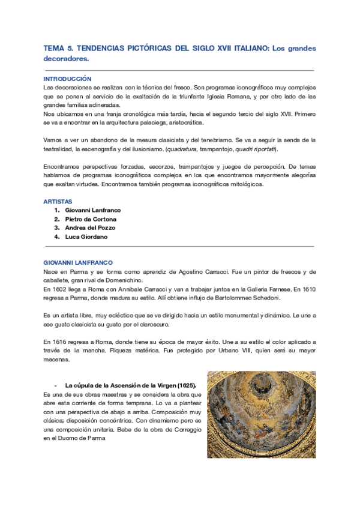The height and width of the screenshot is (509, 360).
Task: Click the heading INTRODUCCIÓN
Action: pyautogui.click(x=67, y=79)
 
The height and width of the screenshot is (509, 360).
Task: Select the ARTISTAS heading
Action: pyautogui.click(x=58, y=201)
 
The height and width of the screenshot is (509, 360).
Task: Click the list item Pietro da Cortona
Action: pyautogui.click(x=91, y=219)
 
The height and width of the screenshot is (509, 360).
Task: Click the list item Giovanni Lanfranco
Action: pyautogui.click(x=92, y=210)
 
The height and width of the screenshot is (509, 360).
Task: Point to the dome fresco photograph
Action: pyautogui.click(x=261, y=414)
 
